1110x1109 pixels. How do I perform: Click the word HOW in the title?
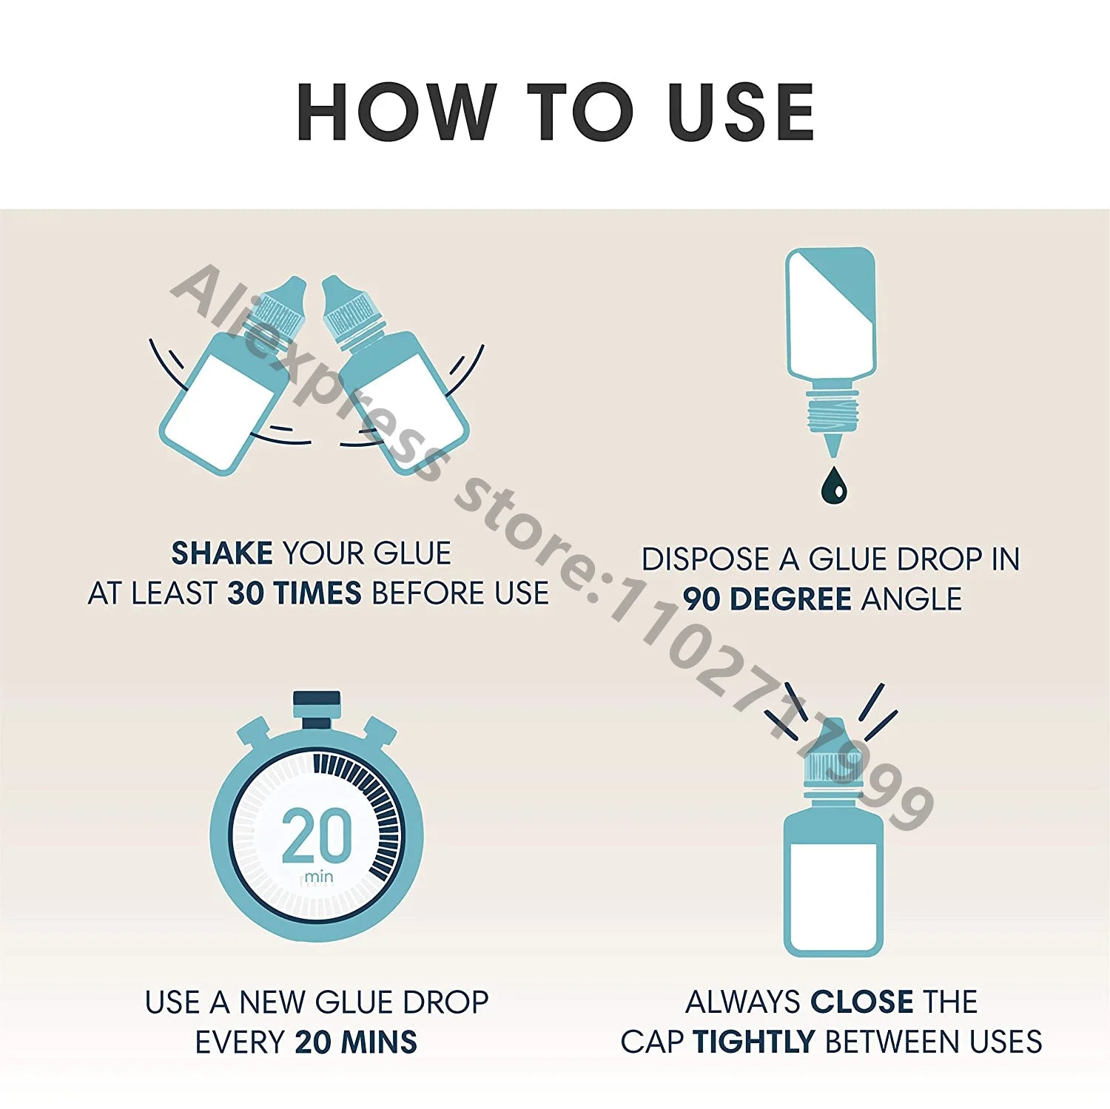point(397,112)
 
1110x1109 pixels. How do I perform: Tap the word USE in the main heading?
point(741,112)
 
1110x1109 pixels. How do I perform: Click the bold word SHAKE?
point(222,553)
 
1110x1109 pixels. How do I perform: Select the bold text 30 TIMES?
point(295,593)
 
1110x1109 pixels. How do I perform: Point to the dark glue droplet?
point(834,485)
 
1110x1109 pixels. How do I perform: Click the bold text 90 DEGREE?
point(767,599)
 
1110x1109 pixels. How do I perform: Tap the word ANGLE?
point(912,599)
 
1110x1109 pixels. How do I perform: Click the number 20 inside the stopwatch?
point(317,835)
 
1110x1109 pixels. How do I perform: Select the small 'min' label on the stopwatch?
point(319,877)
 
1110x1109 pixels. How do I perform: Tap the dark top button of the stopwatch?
point(317,699)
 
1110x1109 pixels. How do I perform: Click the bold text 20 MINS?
point(356,1042)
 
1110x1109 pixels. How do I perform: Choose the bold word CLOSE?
point(862,1002)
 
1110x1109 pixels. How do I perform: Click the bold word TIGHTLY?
point(753,1042)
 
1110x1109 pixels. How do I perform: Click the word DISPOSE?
point(705,559)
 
